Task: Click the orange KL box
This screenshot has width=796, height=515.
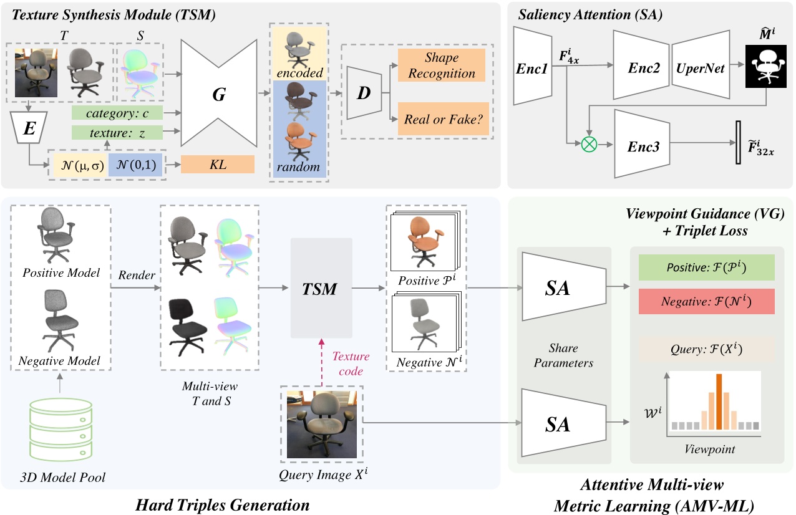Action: click(x=218, y=164)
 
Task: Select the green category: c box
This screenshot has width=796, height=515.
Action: click(x=117, y=113)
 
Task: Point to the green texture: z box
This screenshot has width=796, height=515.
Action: click(x=117, y=132)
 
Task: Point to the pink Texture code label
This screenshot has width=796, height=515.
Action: click(x=351, y=363)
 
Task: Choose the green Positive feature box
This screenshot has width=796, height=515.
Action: click(x=706, y=267)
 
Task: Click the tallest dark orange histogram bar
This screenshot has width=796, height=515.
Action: click(x=719, y=402)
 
